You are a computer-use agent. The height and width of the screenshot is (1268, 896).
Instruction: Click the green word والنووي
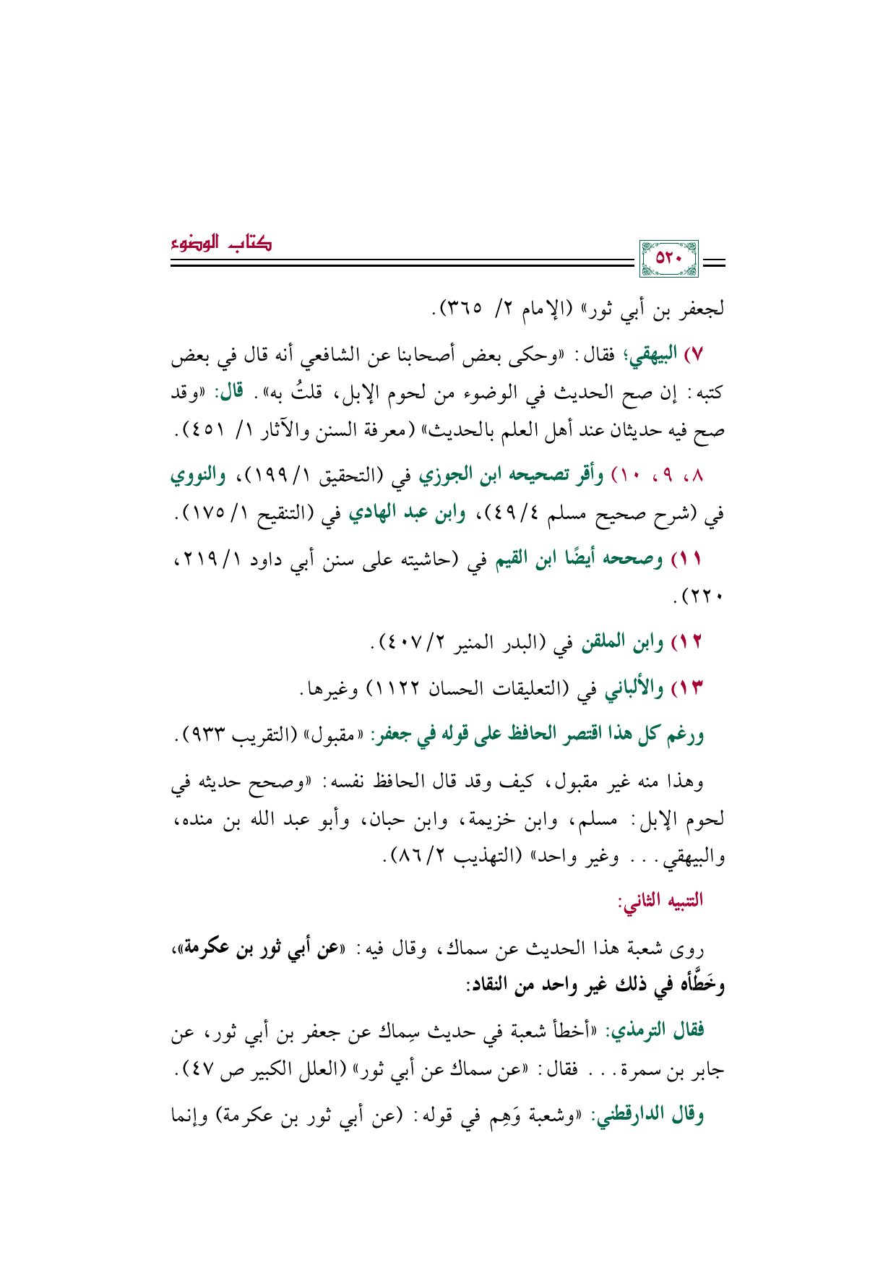197,476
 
